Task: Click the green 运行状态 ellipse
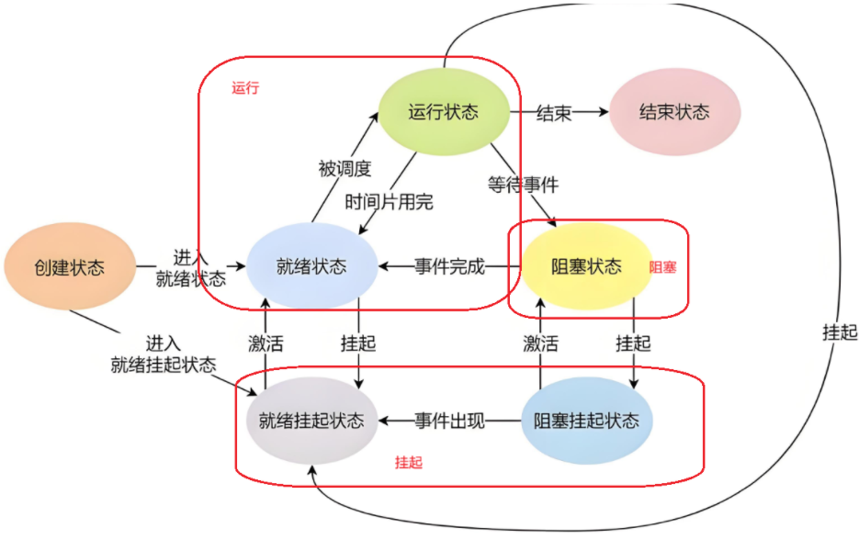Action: [x=444, y=112]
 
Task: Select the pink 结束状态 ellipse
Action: [x=674, y=112]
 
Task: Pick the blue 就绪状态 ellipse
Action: [x=311, y=267]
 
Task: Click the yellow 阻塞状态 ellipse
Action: [x=586, y=267]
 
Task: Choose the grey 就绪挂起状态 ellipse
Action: [x=311, y=422]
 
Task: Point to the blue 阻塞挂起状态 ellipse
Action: [x=586, y=422]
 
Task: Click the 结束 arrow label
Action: [x=553, y=113]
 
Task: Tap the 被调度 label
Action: [x=345, y=168]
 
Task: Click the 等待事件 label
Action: [x=523, y=185]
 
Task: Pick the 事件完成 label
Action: [x=449, y=267]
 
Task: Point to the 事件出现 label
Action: [x=449, y=422]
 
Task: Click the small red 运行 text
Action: [x=245, y=88]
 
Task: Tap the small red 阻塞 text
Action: [x=663, y=267]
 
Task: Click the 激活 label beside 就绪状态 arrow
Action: [x=266, y=343]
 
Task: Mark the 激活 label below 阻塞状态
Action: [x=540, y=343]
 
